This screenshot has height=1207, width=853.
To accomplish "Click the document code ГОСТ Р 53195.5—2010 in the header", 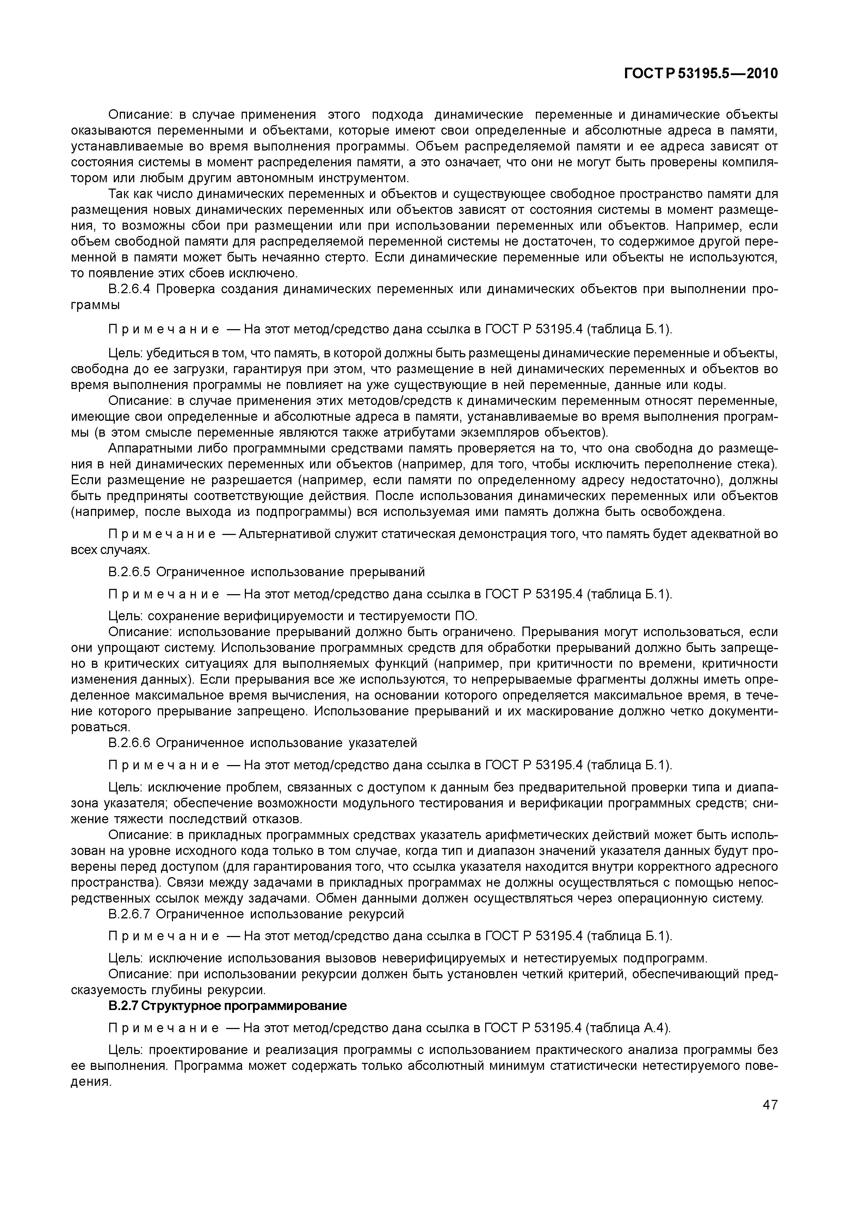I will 700,74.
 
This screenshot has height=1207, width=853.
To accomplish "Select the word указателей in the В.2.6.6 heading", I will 383,743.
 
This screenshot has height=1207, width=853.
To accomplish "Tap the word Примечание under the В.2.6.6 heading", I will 163,765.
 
